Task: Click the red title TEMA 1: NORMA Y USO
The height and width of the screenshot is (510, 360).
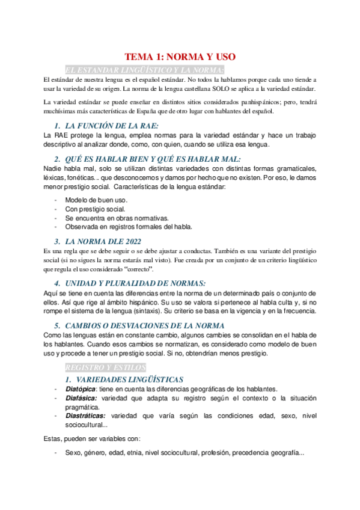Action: tap(180, 57)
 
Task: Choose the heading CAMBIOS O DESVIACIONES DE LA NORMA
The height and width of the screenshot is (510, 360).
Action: tap(144, 325)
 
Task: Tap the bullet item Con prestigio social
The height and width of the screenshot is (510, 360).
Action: tap(95, 209)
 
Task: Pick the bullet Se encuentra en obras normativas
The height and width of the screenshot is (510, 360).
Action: tap(117, 218)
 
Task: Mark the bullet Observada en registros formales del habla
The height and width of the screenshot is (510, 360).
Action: tap(129, 227)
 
